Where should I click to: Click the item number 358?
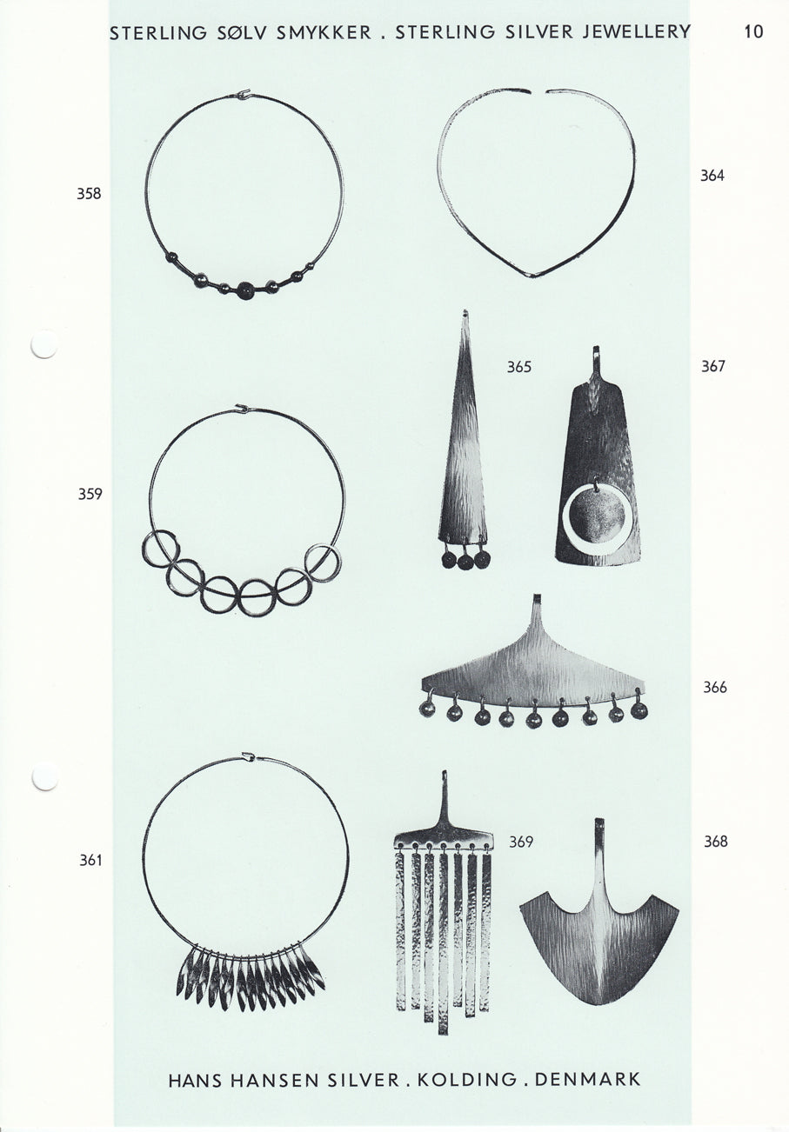click(x=89, y=194)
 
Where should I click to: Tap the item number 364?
click(x=712, y=176)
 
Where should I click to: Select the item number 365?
click(x=519, y=366)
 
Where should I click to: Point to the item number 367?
click(x=713, y=366)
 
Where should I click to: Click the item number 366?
click(x=715, y=687)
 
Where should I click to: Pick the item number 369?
click(x=521, y=842)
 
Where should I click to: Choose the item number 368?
click(x=716, y=841)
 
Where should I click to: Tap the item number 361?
click(x=90, y=860)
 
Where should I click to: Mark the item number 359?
click(x=90, y=494)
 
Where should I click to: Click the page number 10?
click(x=753, y=32)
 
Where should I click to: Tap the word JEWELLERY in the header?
click(x=636, y=32)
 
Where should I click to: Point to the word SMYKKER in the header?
click(x=324, y=33)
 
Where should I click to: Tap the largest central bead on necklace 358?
click(x=247, y=290)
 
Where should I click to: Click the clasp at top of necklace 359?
click(x=243, y=408)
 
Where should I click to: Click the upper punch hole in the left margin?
click(x=44, y=344)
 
